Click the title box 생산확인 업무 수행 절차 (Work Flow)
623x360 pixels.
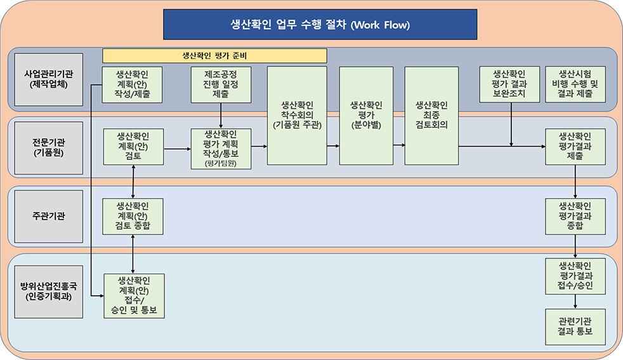click(320, 25)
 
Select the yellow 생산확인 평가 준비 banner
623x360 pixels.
click(214, 56)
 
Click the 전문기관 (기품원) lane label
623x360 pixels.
click(44, 148)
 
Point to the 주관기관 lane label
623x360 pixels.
click(44, 216)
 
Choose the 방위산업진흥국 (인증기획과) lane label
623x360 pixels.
click(44, 291)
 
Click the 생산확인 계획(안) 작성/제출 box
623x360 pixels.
click(133, 84)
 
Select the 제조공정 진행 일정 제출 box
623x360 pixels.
click(221, 84)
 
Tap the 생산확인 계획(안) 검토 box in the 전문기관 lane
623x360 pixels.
click(133, 147)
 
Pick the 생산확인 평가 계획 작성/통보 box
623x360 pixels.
click(221, 149)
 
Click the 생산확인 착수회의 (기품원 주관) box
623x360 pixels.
click(297, 116)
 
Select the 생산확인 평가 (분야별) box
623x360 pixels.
click(366, 116)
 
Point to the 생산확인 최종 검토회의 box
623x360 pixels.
click(431, 116)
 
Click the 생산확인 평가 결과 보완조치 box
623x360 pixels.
click(511, 84)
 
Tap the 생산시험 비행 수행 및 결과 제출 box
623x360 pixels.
click(575, 84)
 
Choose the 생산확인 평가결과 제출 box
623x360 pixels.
click(575, 147)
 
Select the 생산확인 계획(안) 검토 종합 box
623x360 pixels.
click(133, 216)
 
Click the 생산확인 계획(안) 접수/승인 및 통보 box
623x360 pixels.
click(133, 296)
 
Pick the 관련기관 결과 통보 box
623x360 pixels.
click(575, 326)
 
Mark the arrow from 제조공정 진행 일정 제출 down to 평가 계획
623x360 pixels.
click(221, 116)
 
